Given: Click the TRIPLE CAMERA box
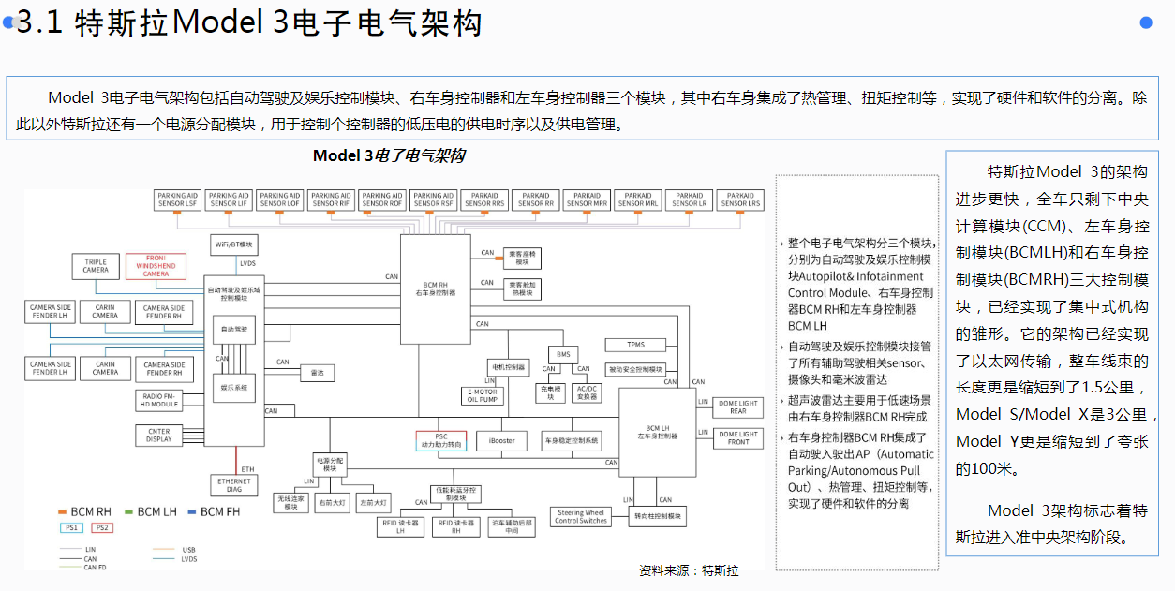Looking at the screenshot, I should (96, 266).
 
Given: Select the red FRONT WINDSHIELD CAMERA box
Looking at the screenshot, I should (156, 266).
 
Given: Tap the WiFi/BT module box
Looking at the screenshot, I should (234, 244).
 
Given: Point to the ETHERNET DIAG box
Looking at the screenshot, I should (233, 485).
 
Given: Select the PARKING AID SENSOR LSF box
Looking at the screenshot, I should (178, 199).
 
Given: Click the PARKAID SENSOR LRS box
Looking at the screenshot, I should (739, 199).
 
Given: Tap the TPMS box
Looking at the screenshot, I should (636, 344).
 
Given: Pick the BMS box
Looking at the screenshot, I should (563, 354).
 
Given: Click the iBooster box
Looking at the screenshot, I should (501, 440).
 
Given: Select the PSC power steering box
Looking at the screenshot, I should (440, 440).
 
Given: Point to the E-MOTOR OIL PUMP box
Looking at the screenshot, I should (483, 396).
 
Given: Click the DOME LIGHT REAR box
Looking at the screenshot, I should (738, 407).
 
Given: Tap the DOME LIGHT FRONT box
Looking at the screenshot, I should (738, 437).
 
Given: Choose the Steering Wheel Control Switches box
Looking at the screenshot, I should (581, 516).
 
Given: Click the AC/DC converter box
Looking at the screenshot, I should (587, 392).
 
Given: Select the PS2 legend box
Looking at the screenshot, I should (102, 528).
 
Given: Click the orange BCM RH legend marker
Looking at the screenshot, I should (63, 512).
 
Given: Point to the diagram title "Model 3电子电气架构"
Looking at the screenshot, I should (389, 155).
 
